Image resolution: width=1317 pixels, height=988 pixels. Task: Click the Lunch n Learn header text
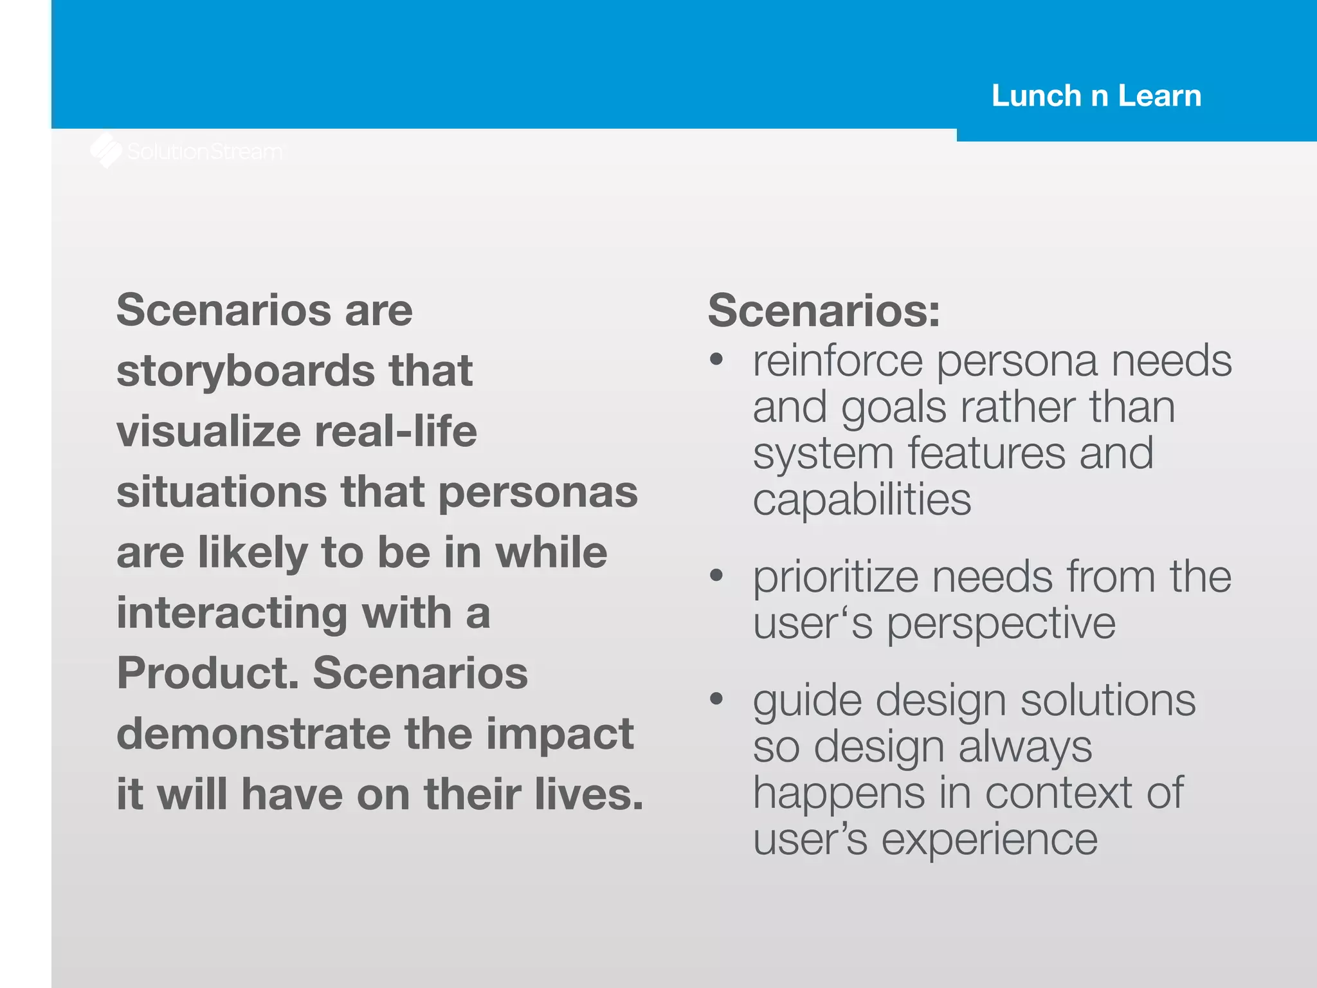pos(1096,96)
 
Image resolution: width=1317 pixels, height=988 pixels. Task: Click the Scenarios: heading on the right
pos(824,310)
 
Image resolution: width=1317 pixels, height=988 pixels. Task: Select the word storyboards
pos(246,371)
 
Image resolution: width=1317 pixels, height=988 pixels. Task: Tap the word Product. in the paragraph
pos(207,673)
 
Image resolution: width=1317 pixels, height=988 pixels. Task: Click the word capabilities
pos(862,500)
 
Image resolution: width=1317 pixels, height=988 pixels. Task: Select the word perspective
pos(1001,623)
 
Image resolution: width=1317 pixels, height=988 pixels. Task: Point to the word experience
pos(989,839)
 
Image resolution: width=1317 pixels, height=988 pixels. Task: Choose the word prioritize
pos(835,577)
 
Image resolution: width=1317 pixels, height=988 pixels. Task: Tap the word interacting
pos(232,612)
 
